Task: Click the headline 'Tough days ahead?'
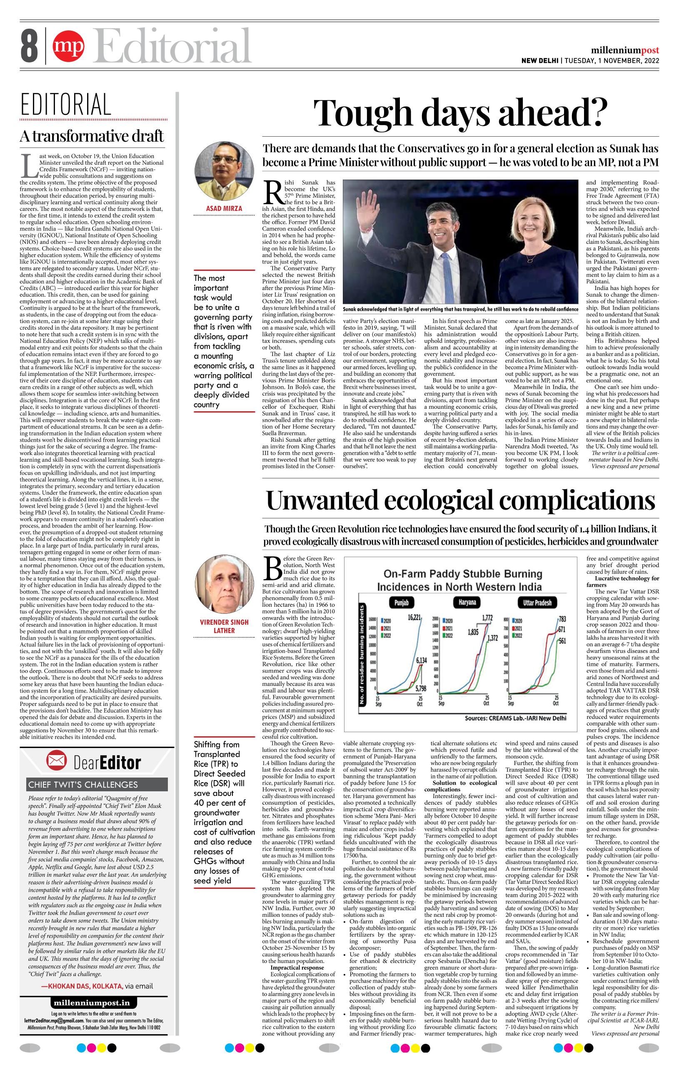tap(460, 113)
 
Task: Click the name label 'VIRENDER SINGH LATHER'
tap(224, 625)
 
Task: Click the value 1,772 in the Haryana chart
tap(487, 618)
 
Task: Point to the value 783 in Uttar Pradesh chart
tap(562, 619)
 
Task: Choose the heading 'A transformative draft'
tap(91, 136)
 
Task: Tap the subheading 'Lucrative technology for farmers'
tap(622, 581)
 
